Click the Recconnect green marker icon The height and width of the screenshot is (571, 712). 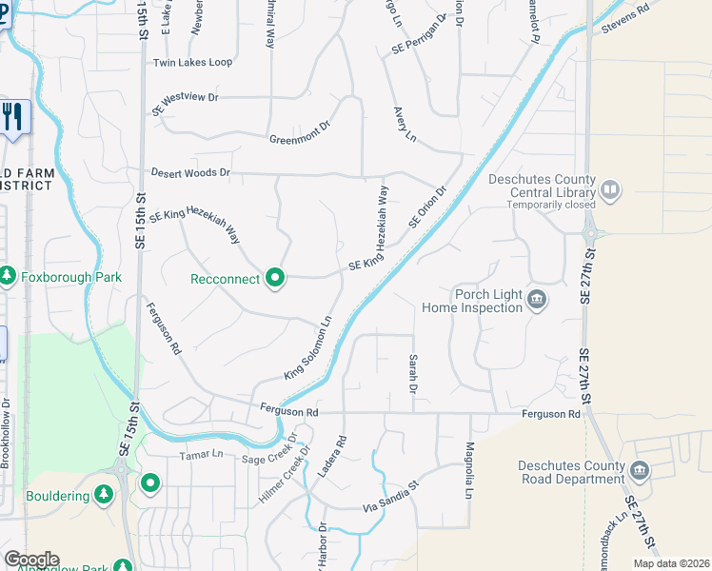(x=275, y=278)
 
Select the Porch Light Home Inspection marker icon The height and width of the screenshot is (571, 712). (x=537, y=301)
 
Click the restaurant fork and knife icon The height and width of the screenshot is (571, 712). (x=12, y=118)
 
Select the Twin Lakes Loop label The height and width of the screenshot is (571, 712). (x=192, y=63)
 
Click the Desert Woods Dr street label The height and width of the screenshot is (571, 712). (x=190, y=172)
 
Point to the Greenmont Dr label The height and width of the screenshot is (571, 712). (x=299, y=132)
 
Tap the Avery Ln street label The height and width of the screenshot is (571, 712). (x=405, y=125)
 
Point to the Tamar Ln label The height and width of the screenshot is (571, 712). (x=201, y=455)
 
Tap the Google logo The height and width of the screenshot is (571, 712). (x=31, y=560)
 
